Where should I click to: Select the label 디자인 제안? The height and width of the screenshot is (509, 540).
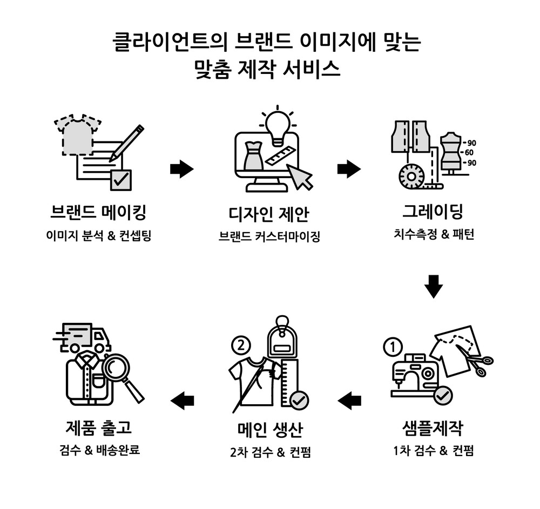pyautogui.click(x=268, y=214)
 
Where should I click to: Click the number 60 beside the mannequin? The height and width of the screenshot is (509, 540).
pyautogui.click(x=469, y=153)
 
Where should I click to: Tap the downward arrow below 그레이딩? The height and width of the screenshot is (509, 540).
pyautogui.click(x=433, y=286)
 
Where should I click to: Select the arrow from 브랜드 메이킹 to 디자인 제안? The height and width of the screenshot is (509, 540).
pyautogui.click(x=181, y=169)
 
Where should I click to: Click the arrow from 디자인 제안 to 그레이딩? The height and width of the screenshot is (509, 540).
pyautogui.click(x=349, y=169)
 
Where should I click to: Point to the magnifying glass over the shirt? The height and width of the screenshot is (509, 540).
pyautogui.click(x=120, y=371)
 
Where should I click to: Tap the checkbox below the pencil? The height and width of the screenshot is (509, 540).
pyautogui.click(x=120, y=180)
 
